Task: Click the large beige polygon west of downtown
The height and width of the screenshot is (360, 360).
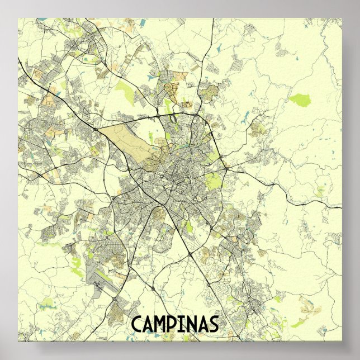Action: click(x=131, y=143)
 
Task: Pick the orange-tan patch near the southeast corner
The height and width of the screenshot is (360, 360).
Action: click(x=307, y=304)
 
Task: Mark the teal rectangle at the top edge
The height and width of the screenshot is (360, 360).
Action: click(x=143, y=22)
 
